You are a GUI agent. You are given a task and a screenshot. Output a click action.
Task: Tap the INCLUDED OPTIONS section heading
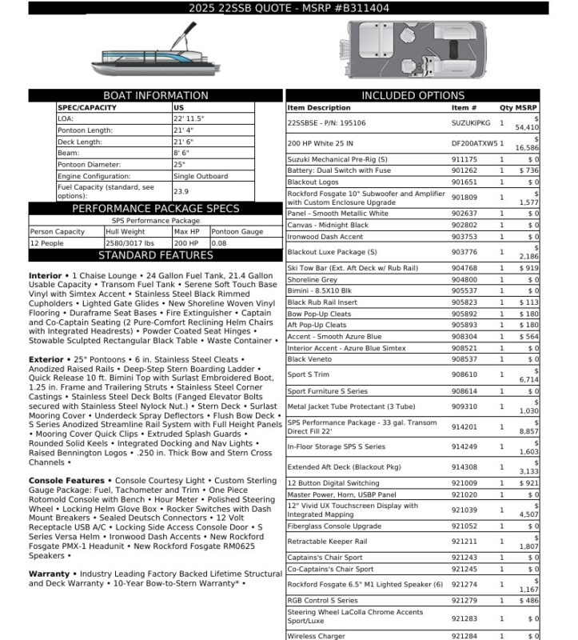point(413,96)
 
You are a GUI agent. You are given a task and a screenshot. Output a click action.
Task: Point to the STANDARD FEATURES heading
point(156,256)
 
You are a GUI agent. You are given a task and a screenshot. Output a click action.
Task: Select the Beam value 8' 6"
point(181,153)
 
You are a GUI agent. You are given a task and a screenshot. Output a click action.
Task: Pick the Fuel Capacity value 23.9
point(181,192)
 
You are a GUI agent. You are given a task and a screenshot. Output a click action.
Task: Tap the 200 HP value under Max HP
point(185,242)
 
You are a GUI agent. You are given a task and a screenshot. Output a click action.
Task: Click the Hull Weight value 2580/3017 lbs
point(133,242)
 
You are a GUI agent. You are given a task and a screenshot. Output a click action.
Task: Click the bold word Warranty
point(48,574)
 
